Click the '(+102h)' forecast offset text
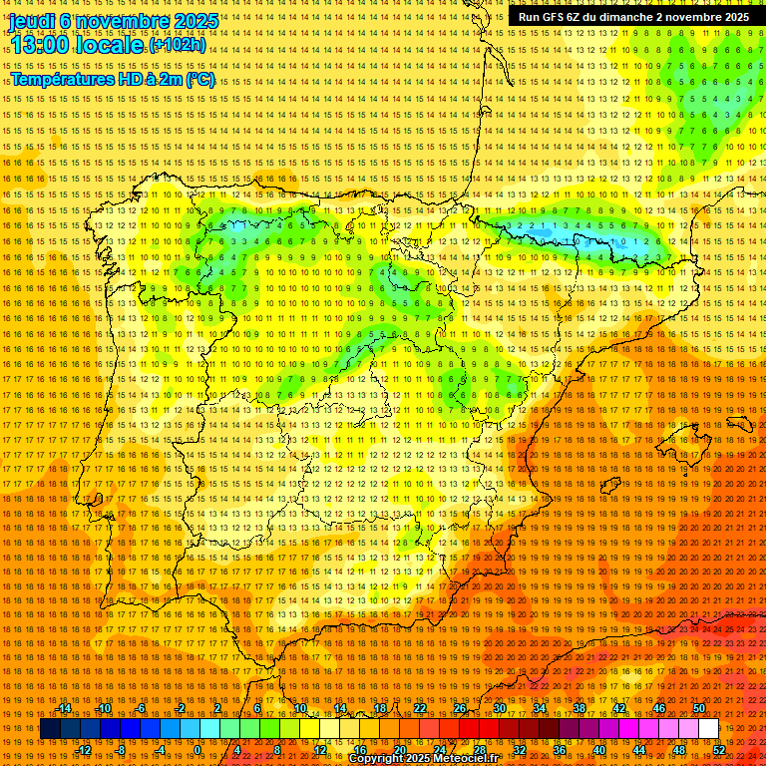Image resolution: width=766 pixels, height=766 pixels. coord(179,45)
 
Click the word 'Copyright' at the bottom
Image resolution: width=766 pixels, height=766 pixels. coord(377,759)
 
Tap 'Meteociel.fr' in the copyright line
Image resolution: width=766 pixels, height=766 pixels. coord(467,759)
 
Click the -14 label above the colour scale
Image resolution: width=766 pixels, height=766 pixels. coord(64,708)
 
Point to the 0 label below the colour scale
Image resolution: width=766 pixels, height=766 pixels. coord(196,749)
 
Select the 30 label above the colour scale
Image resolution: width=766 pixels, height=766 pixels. coord(500,708)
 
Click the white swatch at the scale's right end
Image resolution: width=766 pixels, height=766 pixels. coord(709,729)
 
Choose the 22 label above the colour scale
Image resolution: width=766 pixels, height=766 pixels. coord(419,708)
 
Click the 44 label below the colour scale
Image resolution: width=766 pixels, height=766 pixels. coord(639,749)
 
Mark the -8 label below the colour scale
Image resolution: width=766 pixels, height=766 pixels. coord(122,749)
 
